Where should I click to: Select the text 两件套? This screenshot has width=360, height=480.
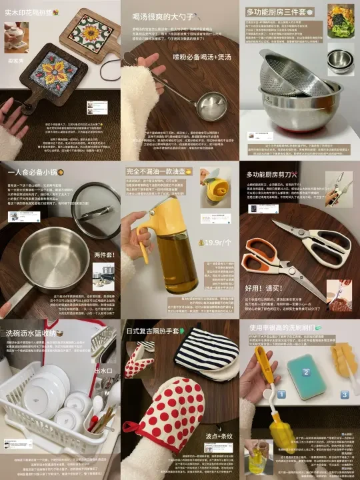point(104,255)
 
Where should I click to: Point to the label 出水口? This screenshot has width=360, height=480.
point(105,371)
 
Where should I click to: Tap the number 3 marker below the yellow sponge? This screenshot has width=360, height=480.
point(345,394)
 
